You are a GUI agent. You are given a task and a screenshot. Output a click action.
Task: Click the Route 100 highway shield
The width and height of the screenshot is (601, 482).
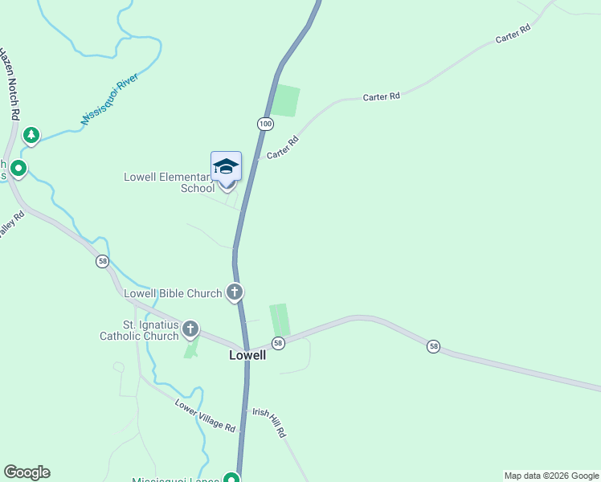point(265,123)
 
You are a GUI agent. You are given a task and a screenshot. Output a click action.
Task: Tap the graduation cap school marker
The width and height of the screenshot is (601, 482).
point(226,166)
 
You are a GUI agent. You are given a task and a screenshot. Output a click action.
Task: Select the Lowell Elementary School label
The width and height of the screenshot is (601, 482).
point(170,182)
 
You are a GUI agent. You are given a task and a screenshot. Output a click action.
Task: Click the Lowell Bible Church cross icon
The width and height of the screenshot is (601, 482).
point(235,292)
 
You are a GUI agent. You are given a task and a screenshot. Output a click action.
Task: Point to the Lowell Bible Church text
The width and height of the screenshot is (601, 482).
point(173,293)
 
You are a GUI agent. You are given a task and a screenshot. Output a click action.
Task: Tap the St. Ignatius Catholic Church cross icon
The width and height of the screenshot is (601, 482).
point(190,328)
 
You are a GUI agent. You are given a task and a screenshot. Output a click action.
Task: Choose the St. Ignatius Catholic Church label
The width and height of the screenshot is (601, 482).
point(139,330)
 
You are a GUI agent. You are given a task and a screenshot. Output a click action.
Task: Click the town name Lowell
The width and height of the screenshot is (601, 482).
point(247,354)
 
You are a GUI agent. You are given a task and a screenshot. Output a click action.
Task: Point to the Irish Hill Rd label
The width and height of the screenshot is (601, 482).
point(269,421)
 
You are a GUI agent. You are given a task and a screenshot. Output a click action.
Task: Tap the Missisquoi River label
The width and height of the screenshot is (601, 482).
point(110,100)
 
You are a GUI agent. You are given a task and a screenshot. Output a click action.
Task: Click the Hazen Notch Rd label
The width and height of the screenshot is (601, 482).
point(9,84)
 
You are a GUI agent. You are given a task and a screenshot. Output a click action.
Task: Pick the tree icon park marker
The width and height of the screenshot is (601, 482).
point(31,135)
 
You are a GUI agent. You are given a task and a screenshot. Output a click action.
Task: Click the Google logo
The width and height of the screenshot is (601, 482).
point(27,472)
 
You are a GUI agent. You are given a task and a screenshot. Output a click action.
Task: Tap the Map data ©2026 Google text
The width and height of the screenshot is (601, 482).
point(551,476)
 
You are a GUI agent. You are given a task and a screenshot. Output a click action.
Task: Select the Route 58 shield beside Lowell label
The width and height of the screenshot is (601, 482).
point(278,343)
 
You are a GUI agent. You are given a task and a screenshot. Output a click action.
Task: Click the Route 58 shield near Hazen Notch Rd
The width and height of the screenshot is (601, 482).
point(102,261)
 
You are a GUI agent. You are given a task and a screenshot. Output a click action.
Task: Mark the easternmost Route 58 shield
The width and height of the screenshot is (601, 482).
point(434,345)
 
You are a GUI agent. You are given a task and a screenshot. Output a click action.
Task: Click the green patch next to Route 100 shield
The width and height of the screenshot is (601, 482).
point(285,101)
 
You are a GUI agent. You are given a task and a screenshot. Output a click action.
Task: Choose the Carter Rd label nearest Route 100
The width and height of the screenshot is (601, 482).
point(282,147)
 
